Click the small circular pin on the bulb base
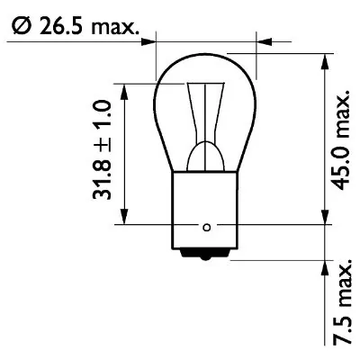coord(208,225)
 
